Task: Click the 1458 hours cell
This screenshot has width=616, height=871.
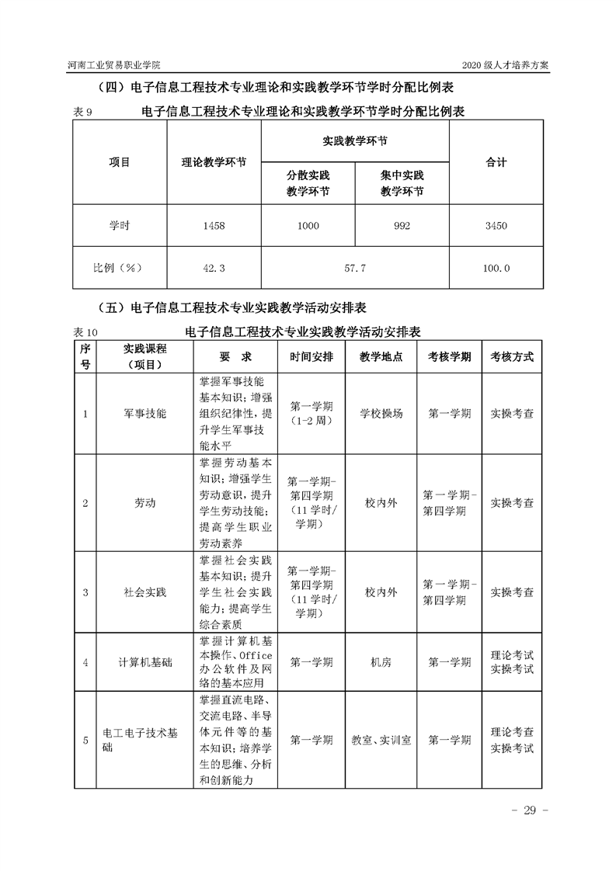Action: (x=213, y=226)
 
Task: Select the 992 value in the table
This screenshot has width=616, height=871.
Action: (x=402, y=226)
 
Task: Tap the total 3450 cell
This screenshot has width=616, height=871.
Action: (x=496, y=226)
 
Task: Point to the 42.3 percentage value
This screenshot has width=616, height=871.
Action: (x=213, y=268)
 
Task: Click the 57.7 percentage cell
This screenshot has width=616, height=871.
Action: (x=354, y=268)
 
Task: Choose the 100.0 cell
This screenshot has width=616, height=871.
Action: (x=496, y=268)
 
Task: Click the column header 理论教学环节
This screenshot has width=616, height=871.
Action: (x=214, y=163)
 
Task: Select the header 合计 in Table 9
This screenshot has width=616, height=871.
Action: (x=496, y=162)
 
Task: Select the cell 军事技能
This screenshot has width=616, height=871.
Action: (x=144, y=415)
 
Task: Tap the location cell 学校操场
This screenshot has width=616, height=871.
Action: (x=381, y=415)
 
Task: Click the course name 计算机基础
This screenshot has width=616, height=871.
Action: (x=144, y=662)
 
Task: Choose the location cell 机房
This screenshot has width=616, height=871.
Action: (x=381, y=662)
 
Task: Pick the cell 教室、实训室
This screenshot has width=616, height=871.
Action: (x=381, y=741)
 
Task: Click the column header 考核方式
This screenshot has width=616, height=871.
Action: (x=512, y=357)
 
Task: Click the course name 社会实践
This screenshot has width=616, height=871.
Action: (x=144, y=592)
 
